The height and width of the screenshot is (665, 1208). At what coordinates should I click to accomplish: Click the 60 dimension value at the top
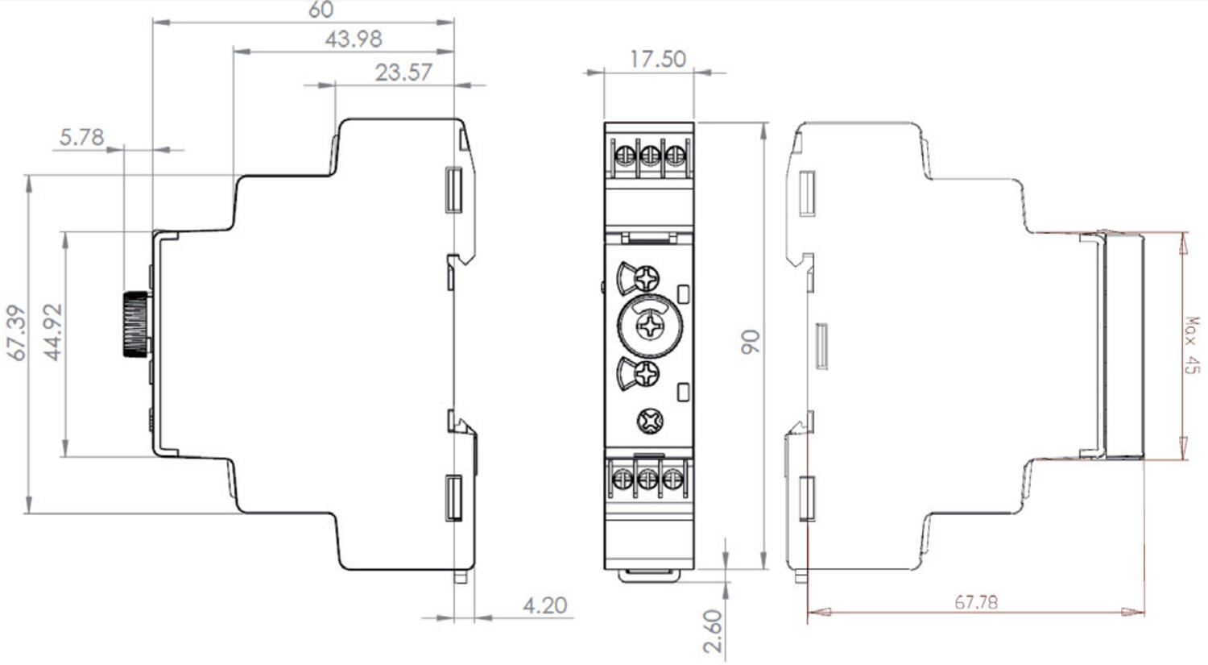(321, 10)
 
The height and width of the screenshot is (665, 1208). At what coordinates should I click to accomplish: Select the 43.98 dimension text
(354, 39)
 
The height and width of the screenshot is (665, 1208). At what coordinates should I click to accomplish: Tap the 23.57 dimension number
(403, 73)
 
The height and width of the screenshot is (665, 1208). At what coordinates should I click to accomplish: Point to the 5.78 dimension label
(82, 138)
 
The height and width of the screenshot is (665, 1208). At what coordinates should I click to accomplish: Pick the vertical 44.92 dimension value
(53, 332)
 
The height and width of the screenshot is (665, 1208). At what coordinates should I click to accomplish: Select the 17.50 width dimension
(657, 59)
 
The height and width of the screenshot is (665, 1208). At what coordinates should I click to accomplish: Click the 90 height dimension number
(751, 342)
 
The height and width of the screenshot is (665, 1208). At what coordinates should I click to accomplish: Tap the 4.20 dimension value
(545, 605)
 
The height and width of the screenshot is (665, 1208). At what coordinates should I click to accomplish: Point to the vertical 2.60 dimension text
(713, 631)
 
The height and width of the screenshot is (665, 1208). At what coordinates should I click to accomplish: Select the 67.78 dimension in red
(976, 602)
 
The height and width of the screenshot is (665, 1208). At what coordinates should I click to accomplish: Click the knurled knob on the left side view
(134, 324)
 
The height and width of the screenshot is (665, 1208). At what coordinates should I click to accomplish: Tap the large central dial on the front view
(649, 326)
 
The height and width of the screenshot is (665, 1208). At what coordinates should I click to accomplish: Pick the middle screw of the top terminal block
(649, 153)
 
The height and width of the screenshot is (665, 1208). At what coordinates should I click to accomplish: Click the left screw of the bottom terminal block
(623, 480)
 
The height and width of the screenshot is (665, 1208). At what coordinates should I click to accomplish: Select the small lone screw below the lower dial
(649, 420)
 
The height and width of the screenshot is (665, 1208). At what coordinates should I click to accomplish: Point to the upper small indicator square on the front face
(684, 293)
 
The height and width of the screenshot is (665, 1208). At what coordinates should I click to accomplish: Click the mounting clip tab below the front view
(649, 575)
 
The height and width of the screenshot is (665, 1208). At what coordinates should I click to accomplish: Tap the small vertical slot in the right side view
(821, 346)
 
